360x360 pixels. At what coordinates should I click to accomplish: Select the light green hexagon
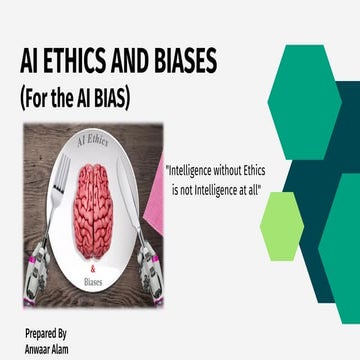click(281, 225)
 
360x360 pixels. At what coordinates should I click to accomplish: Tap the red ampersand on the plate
click(94, 267)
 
